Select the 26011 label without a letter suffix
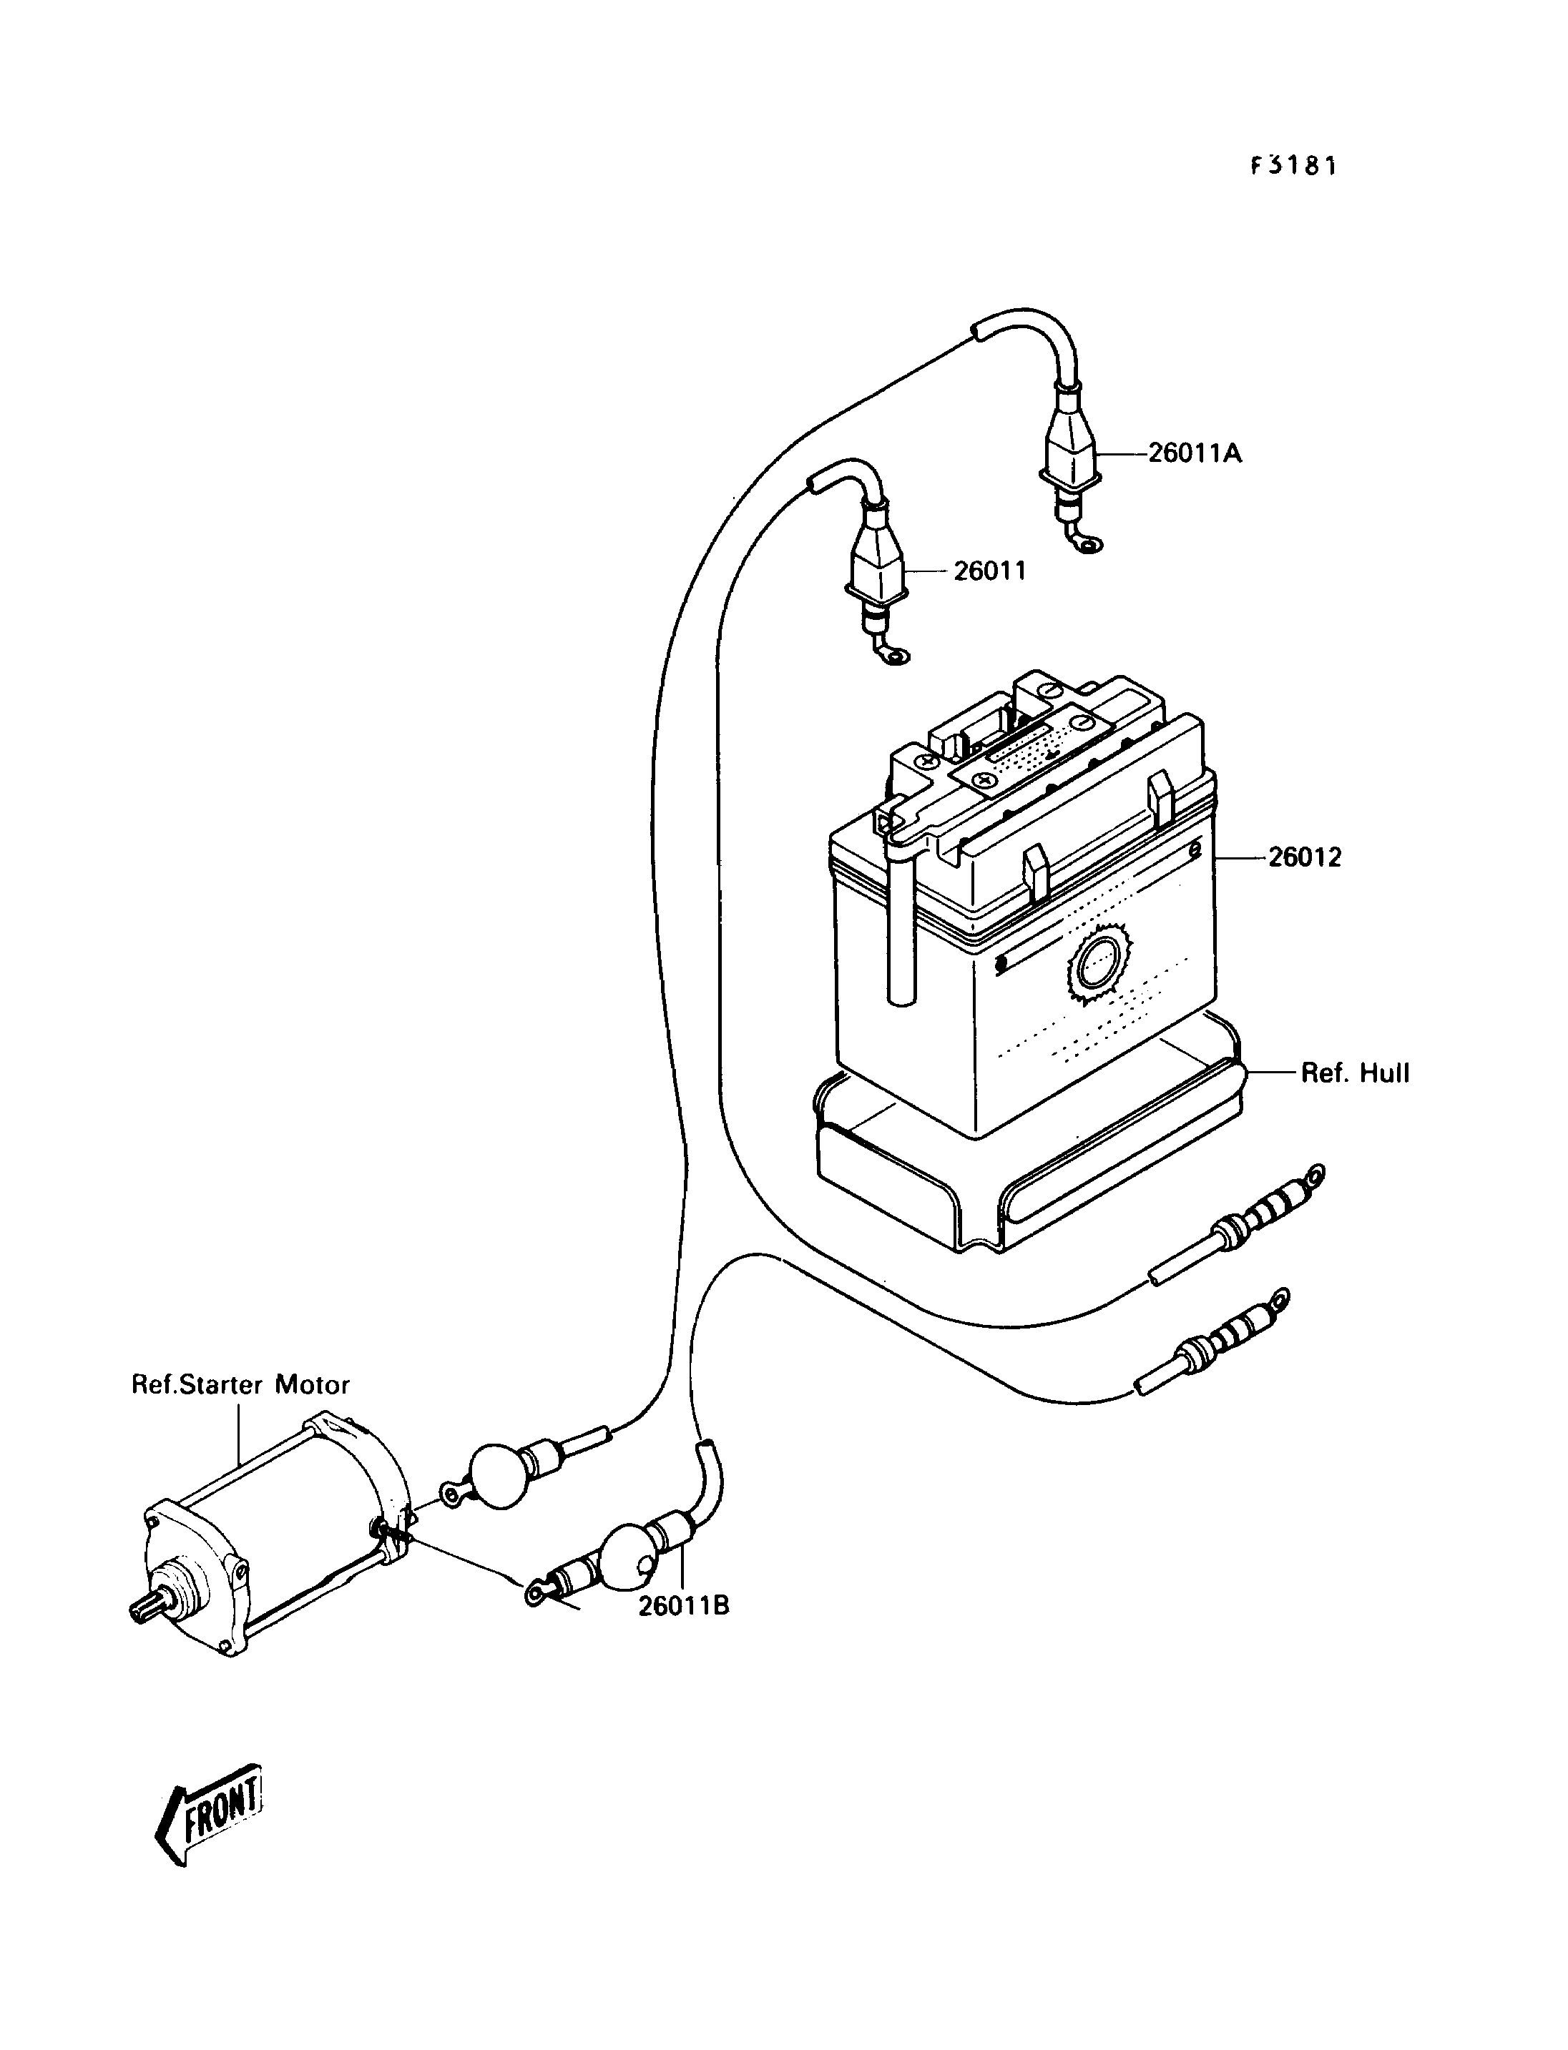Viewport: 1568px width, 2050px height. tap(989, 571)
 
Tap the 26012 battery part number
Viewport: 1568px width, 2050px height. tap(1304, 857)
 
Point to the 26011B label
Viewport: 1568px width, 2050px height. tap(684, 1606)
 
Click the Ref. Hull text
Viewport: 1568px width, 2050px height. tap(1356, 1073)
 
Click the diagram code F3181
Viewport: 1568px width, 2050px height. tap(1293, 166)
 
